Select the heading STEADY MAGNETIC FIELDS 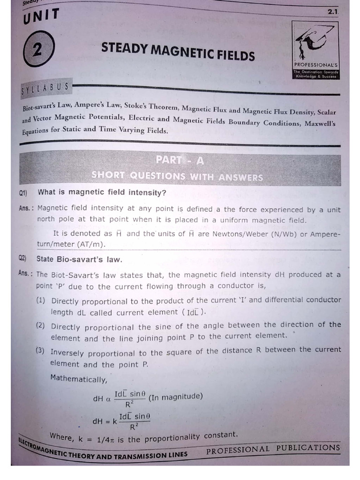pyautogui.click(x=178, y=52)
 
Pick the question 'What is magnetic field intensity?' pyautogui.click(x=102, y=193)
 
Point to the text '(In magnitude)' pyautogui.click(x=175, y=397)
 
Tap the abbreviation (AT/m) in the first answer pyautogui.click(x=92, y=245)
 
